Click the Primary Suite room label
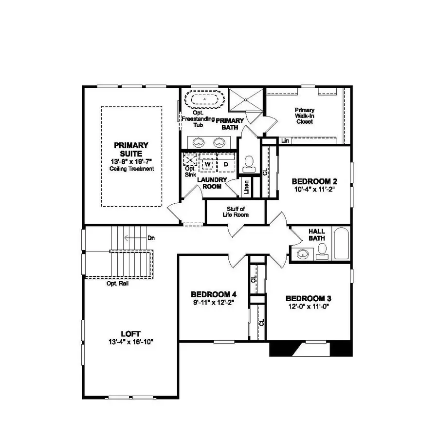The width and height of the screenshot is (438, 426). pos(131,149)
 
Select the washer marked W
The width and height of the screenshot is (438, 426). pos(208,164)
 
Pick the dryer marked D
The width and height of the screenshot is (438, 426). pos(225,164)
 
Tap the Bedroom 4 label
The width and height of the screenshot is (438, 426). pos(214,294)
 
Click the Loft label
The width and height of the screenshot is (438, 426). pos(130,334)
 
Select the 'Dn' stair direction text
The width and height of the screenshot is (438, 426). pos(151,238)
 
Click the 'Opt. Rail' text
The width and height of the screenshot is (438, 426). pos(117,283)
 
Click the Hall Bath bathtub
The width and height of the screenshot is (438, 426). pos(341,243)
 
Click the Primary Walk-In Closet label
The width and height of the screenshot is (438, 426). pos(305,116)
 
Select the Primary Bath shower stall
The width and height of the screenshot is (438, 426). pos(246,100)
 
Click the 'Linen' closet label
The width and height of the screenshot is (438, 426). pos(247,186)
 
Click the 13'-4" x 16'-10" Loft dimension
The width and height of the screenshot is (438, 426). pos(130,342)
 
